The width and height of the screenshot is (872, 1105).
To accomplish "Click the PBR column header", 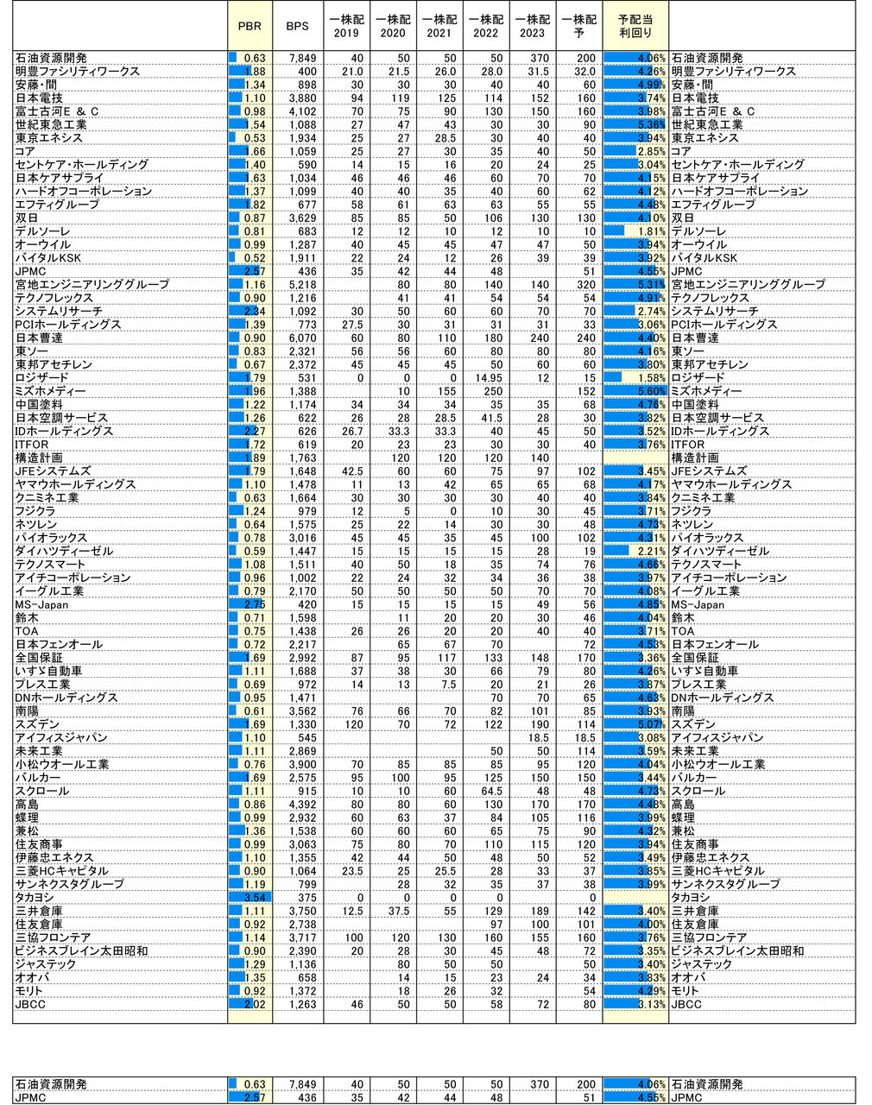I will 250,26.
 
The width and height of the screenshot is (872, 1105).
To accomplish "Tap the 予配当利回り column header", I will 635,26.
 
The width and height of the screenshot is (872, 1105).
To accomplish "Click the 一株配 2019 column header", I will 345,26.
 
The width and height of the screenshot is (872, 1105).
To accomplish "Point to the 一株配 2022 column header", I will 485,26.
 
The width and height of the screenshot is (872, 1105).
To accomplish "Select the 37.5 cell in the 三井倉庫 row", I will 397,911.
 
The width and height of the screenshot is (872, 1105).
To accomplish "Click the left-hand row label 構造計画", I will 39,458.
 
